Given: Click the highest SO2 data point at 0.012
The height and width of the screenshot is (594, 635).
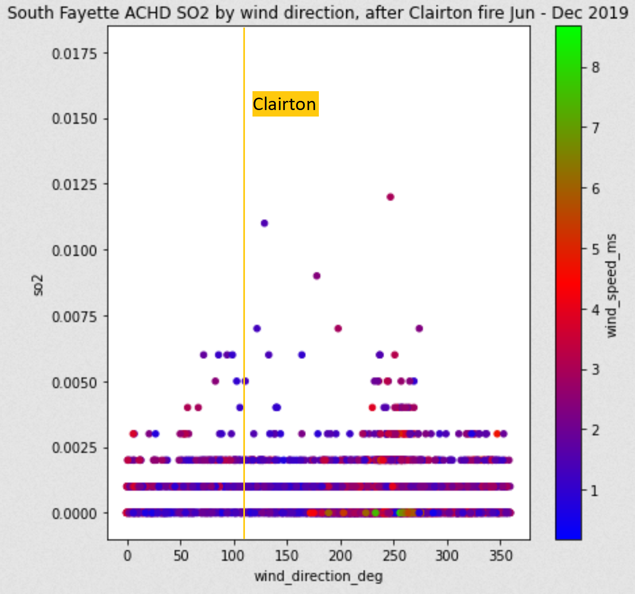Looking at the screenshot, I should tap(391, 197).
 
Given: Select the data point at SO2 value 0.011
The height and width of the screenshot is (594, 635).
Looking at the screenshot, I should tap(264, 223).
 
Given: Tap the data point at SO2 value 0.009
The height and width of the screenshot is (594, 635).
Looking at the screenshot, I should tap(317, 276).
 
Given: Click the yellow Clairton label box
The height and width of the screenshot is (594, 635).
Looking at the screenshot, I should tap(285, 104).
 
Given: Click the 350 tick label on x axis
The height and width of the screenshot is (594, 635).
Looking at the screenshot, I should tap(500, 555).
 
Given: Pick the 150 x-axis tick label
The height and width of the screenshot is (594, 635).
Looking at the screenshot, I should tap(287, 555).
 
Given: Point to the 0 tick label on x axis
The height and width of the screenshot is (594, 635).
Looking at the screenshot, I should tap(128, 555).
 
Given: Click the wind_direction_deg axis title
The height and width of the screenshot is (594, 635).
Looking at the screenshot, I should tap(318, 576).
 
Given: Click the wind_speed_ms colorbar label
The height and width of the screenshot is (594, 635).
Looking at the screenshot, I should tap(611, 286).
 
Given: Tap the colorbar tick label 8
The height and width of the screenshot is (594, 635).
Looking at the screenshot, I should tap(596, 67).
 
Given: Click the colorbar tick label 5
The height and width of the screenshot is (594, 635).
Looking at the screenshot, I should tap(596, 249).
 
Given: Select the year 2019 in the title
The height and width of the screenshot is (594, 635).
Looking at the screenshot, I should tap(609, 12).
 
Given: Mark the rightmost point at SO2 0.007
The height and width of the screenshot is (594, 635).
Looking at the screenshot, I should tap(419, 329).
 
